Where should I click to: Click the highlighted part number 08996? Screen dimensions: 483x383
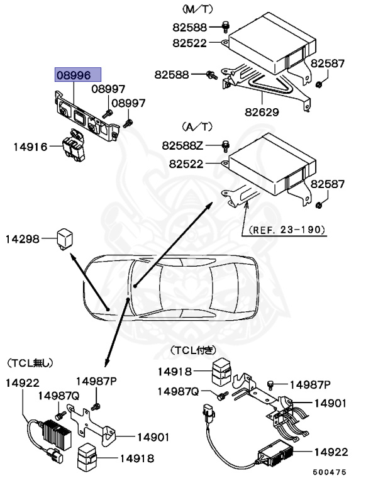(74, 75)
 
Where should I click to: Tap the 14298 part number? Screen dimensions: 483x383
(23, 239)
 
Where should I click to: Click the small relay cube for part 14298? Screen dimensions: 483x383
(65, 238)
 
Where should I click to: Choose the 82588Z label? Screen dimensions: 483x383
(183, 146)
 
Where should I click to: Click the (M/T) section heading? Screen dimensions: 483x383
(197, 9)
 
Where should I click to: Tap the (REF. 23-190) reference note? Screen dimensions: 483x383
(287, 231)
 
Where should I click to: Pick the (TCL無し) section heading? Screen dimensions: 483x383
(31, 363)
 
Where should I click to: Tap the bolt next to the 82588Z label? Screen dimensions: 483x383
(225, 147)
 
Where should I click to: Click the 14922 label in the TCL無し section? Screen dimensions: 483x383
(23, 382)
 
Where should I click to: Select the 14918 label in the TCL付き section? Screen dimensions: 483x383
(174, 371)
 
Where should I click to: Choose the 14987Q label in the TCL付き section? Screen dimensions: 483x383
(178, 391)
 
